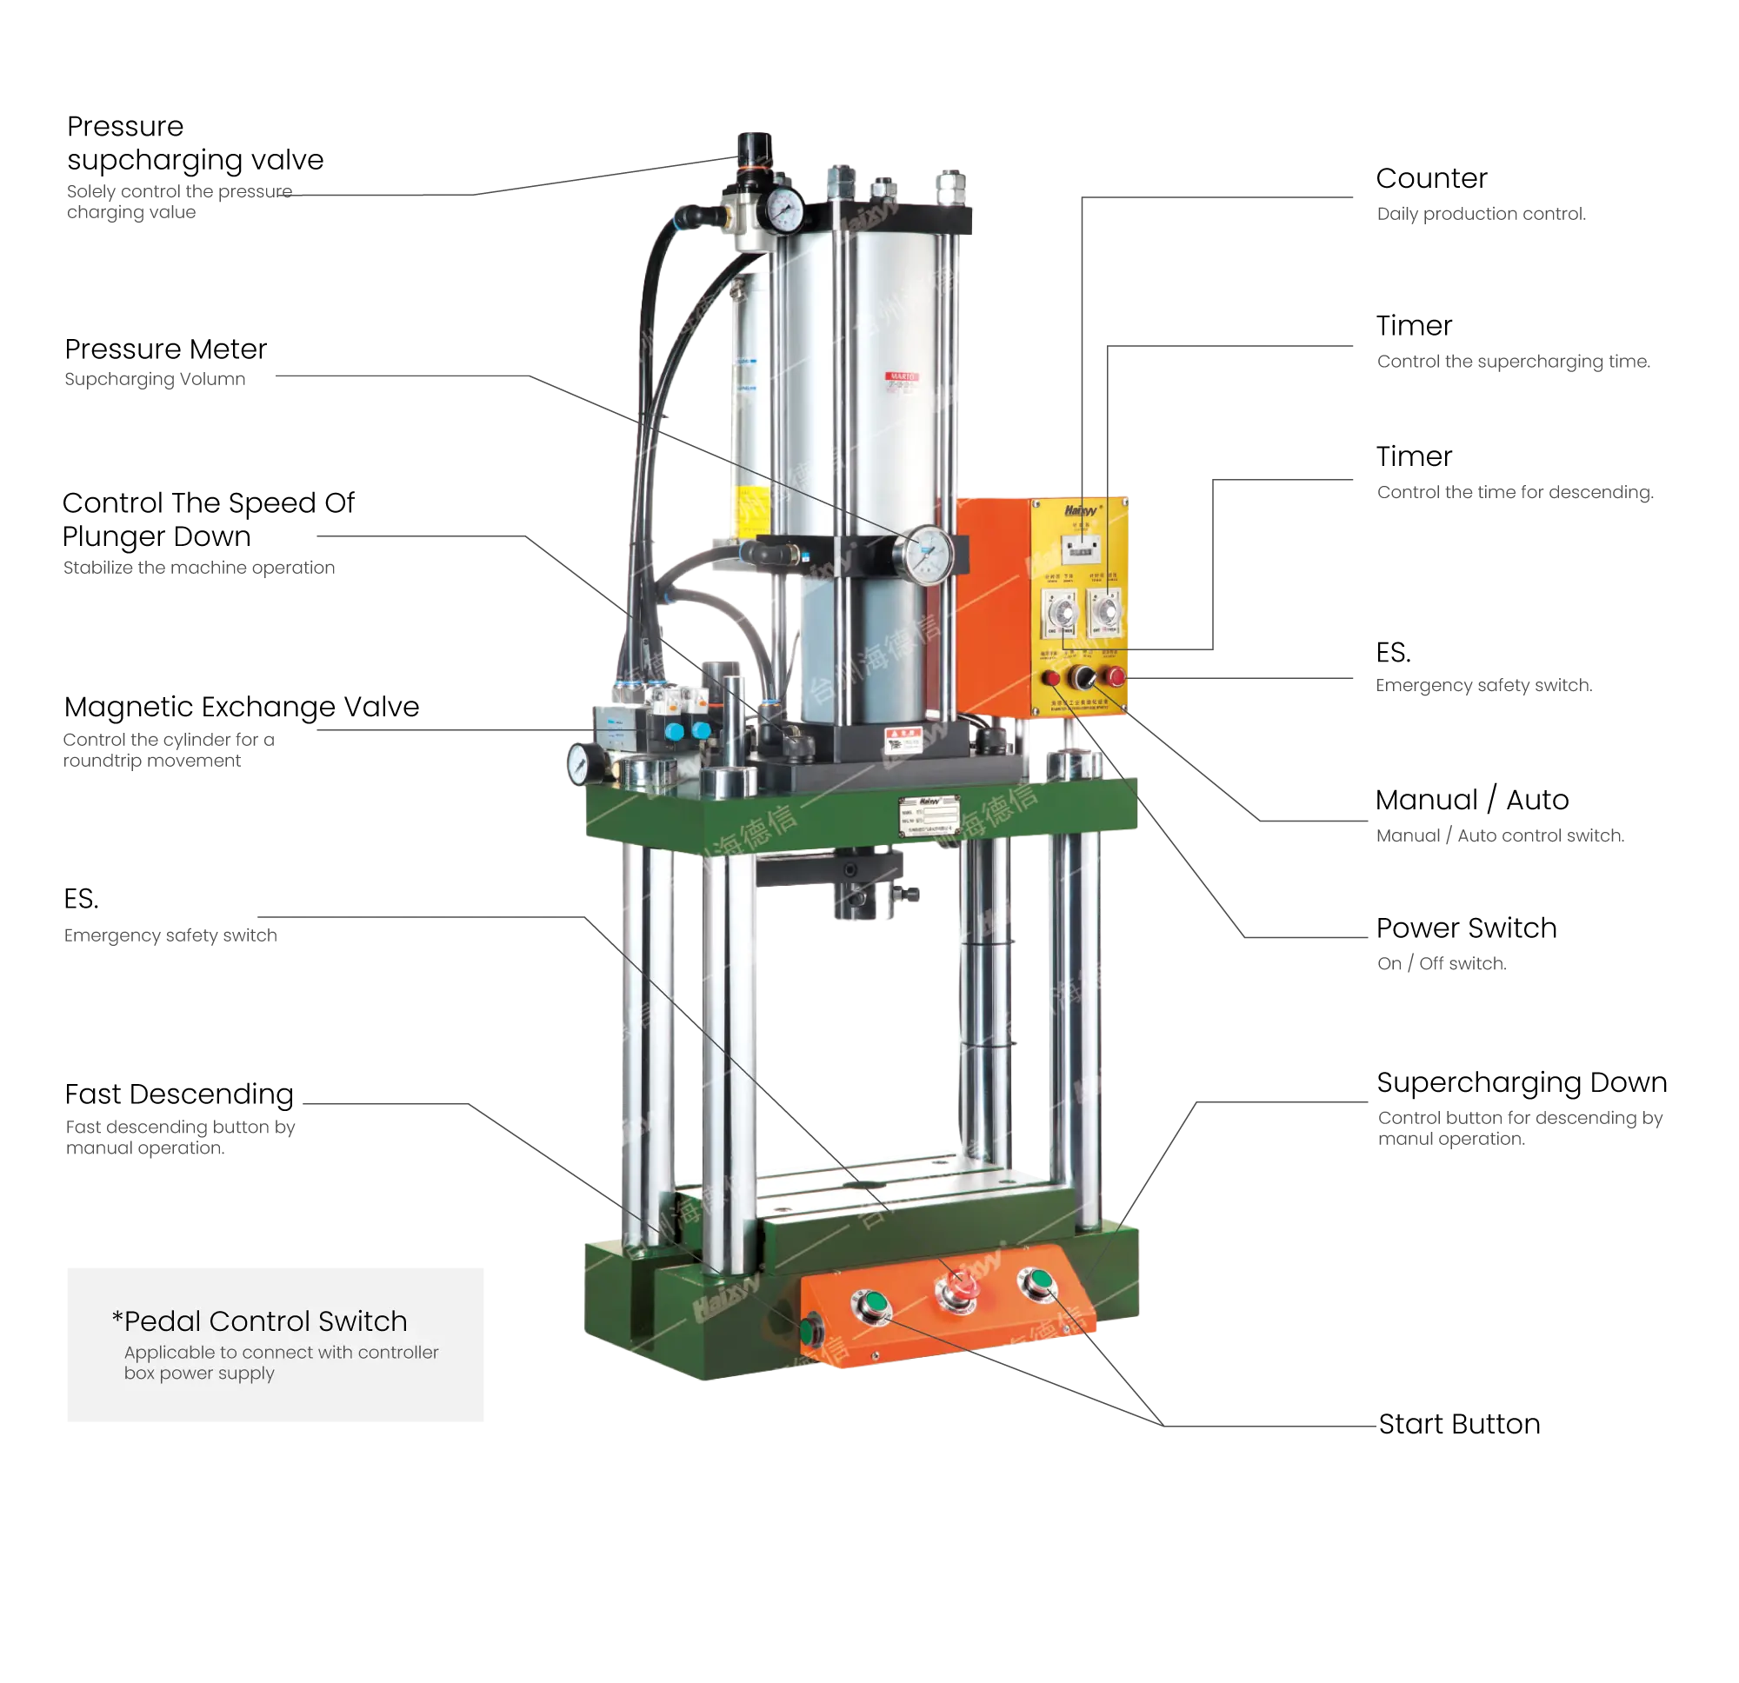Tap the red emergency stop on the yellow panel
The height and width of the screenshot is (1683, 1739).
click(1115, 677)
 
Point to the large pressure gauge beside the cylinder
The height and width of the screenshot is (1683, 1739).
click(927, 551)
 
